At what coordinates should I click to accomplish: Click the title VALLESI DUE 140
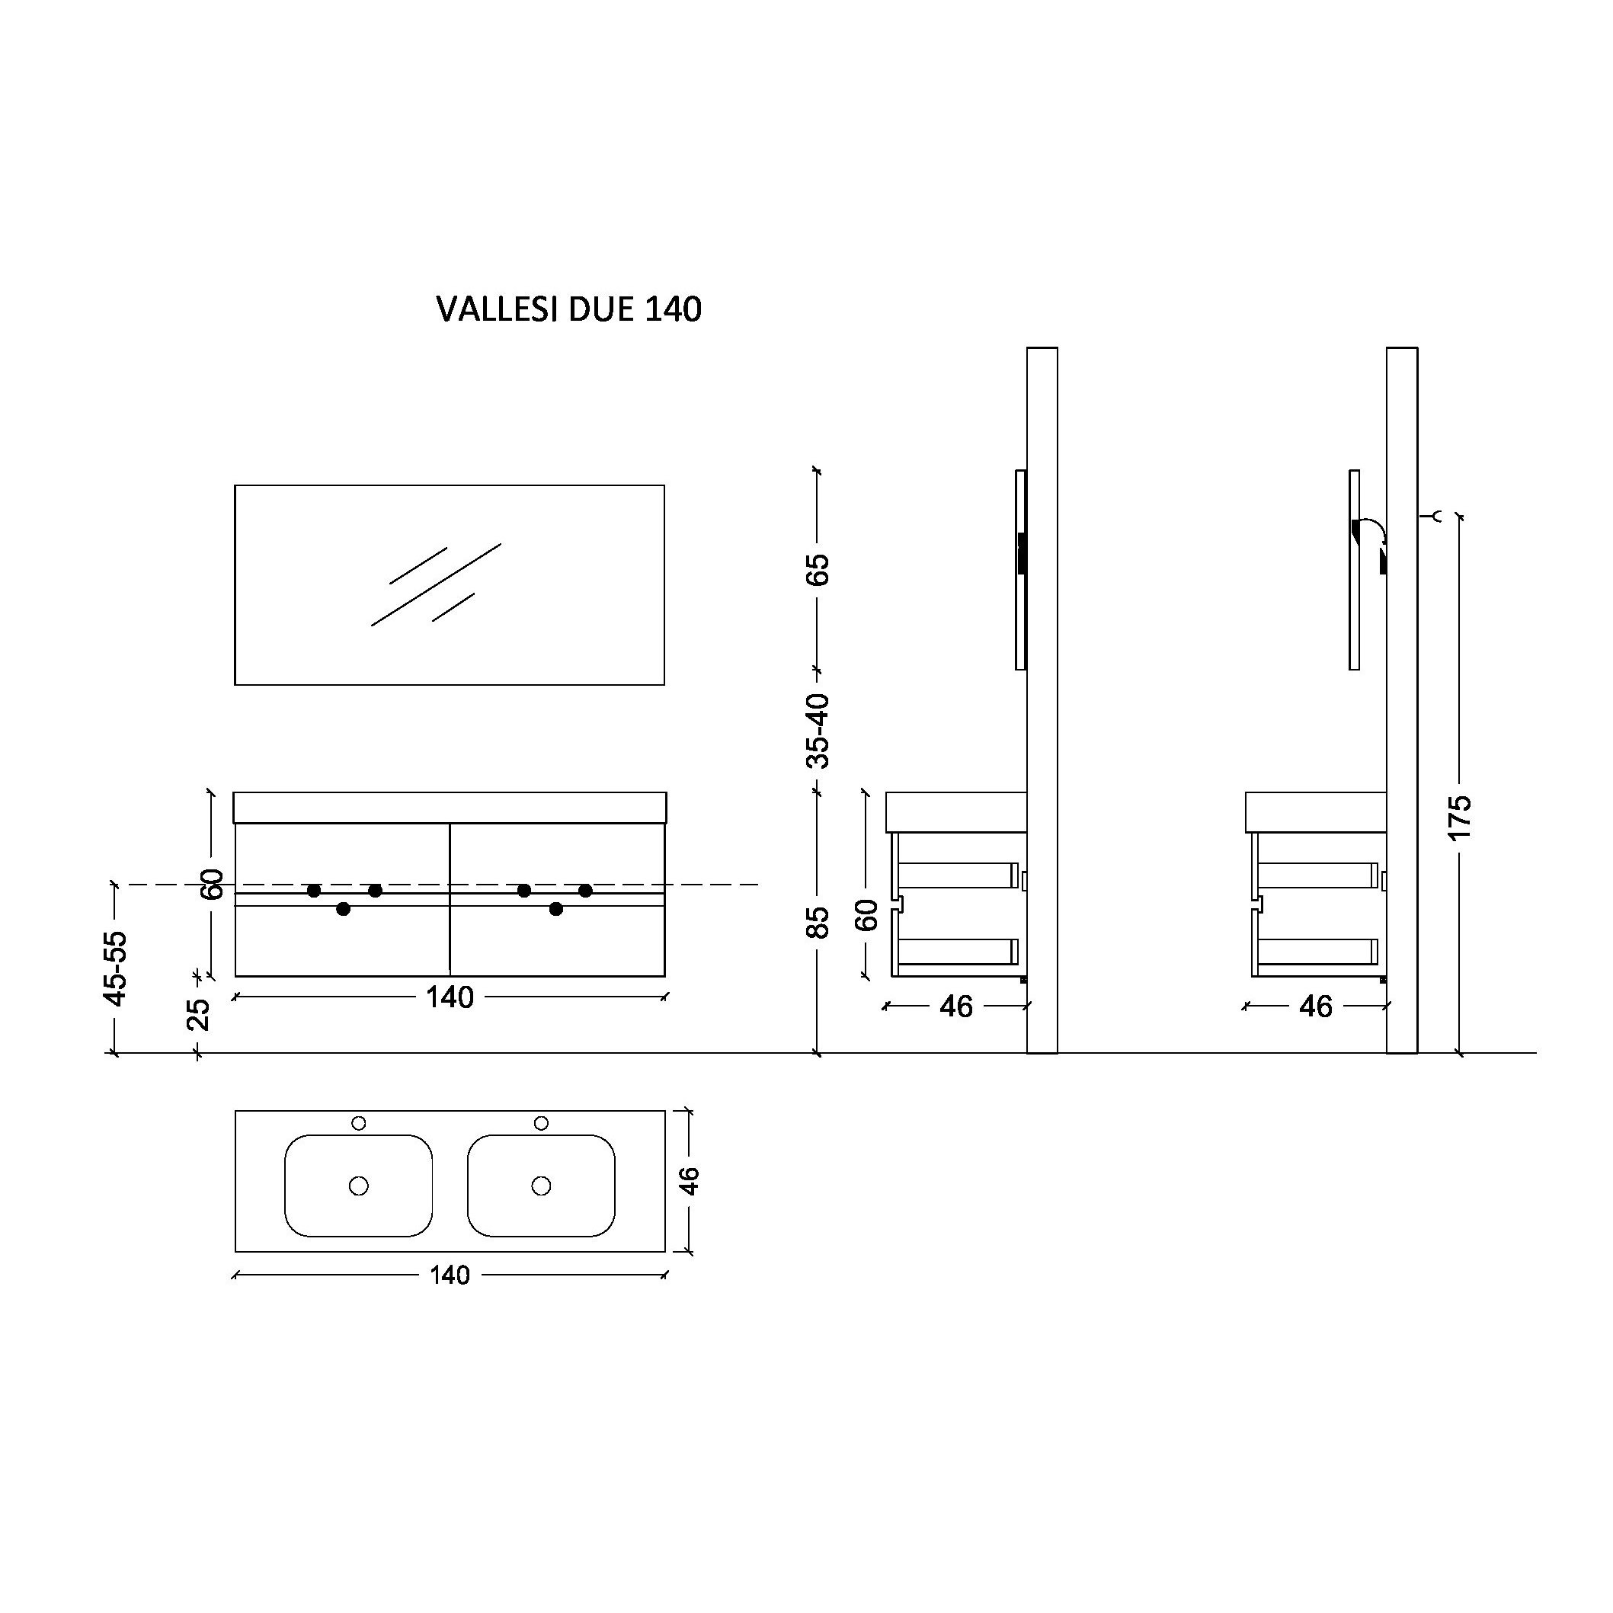point(568,309)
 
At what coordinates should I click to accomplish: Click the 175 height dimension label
point(1459,818)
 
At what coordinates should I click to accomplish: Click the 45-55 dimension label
point(116,968)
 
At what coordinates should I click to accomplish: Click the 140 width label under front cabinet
point(450,997)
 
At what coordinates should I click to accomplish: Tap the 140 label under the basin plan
point(450,1275)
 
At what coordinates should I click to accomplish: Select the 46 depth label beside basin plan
point(690,1180)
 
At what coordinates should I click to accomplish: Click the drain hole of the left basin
point(359,1186)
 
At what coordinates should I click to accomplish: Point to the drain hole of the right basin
point(541,1186)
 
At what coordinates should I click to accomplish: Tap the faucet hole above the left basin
point(359,1123)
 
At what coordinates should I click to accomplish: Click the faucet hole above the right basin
point(541,1123)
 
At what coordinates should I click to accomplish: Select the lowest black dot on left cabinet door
point(343,909)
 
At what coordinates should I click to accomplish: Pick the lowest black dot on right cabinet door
point(556,909)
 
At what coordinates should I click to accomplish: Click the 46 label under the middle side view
point(956,1007)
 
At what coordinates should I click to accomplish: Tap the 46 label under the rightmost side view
point(1316,1007)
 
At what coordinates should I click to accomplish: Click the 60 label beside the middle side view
point(869,915)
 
